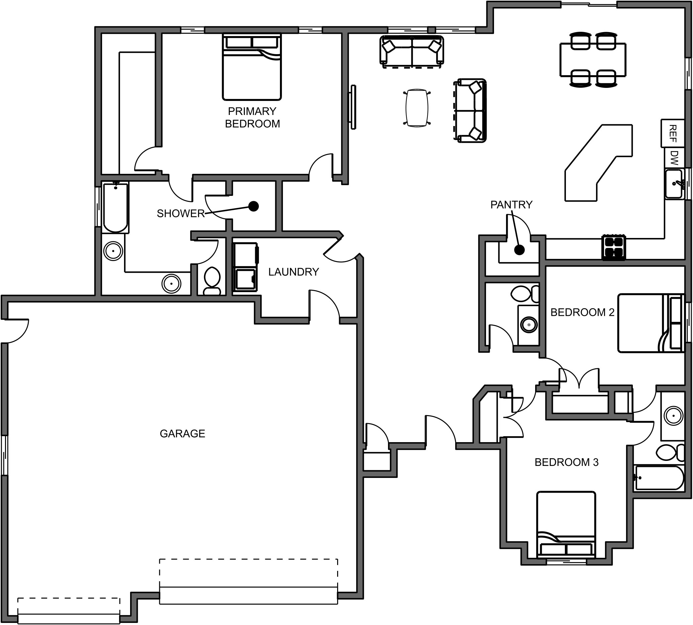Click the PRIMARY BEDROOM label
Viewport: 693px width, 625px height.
click(x=252, y=117)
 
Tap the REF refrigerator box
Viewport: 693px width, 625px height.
click(x=672, y=133)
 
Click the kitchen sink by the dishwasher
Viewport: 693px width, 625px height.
click(x=674, y=184)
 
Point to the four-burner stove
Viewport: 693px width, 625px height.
click(x=613, y=247)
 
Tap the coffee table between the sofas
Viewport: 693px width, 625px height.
click(x=417, y=108)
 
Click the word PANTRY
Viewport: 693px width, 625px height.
click(x=511, y=205)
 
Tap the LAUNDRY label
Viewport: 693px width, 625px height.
click(x=293, y=272)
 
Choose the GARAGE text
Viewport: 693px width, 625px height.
click(x=182, y=433)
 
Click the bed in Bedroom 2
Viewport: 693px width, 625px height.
click(x=650, y=323)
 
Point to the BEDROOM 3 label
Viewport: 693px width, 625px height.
click(x=566, y=462)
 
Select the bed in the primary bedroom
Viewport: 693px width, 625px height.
click(x=252, y=67)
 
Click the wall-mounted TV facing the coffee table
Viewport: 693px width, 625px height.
click(x=353, y=107)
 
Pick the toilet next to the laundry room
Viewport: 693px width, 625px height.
click(x=212, y=280)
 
